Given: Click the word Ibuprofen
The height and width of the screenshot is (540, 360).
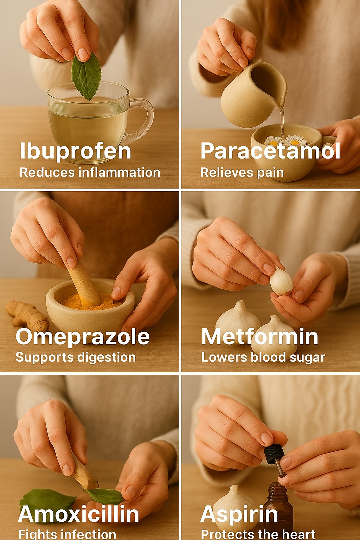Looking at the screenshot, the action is pos(76,151).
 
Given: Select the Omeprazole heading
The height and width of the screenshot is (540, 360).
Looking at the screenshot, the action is pos(83,337).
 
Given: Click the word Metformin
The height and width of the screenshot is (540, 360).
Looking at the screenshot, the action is pos(260,336).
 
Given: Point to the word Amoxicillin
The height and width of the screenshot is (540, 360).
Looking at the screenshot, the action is pos(79,514).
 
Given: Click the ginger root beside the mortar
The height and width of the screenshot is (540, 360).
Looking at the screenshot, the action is pos(27,315).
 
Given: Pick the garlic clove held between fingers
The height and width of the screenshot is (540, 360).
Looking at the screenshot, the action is pos(281,281).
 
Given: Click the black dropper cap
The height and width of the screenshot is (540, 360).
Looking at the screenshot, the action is pos(274,454).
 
